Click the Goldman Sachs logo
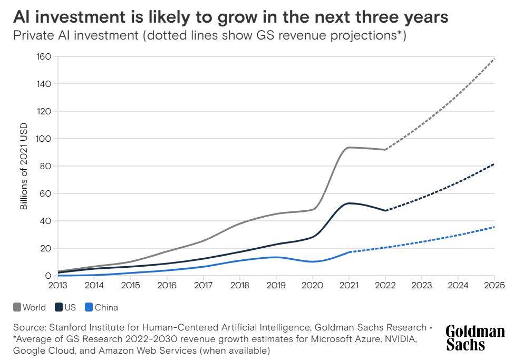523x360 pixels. point(475,337)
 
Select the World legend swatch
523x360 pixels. point(17,307)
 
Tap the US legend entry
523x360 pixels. point(65,307)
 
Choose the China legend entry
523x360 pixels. point(101,307)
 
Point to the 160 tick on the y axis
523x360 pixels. point(43,57)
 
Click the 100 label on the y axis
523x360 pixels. point(43,139)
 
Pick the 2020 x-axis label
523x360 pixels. point(312,285)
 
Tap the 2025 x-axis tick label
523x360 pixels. point(495,285)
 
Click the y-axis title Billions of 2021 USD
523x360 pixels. point(24,166)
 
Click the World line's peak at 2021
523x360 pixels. point(349,148)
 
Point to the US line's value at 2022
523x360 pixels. point(385,210)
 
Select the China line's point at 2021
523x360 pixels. point(349,252)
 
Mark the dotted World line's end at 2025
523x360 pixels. point(494,59)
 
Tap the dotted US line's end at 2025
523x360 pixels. point(494,164)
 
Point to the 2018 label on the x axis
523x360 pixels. point(239,285)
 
